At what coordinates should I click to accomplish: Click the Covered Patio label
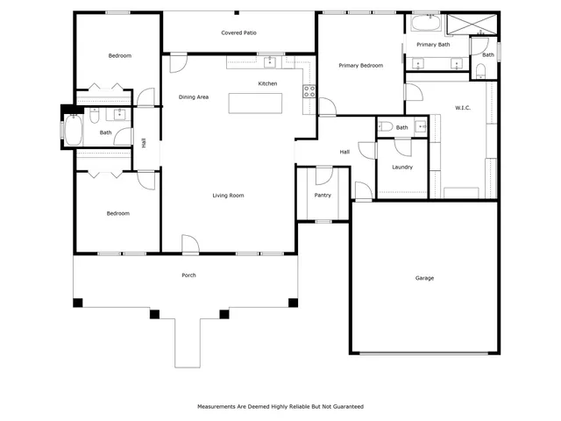pos(238,32)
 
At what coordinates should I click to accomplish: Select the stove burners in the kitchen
pos(309,90)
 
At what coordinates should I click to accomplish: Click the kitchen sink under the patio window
pos(271,62)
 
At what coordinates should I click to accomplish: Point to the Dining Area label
pos(193,97)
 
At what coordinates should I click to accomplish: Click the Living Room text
pos(228,196)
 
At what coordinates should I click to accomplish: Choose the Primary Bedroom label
pos(360,66)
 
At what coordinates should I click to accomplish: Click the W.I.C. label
pos(464,108)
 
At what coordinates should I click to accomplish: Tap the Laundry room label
pos(402,167)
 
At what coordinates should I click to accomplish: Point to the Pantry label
pos(323,196)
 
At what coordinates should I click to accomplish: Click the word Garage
pos(424,278)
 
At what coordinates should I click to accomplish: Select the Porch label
pos(188,275)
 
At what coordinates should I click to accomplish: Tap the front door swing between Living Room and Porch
pos(190,243)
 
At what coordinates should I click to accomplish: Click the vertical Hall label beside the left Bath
pos(144,142)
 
